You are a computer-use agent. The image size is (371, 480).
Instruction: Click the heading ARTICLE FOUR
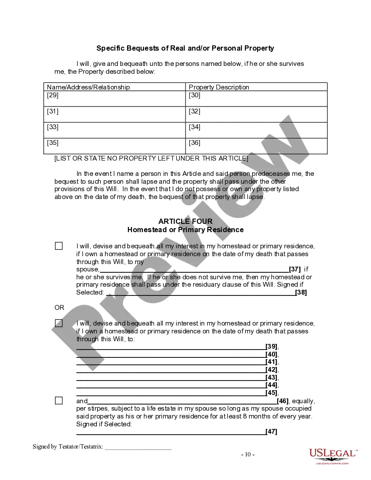point(185,222)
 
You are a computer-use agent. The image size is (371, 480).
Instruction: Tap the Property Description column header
point(219,87)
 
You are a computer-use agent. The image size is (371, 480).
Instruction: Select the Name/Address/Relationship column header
point(88,87)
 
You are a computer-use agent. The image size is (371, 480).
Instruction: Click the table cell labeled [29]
point(114,98)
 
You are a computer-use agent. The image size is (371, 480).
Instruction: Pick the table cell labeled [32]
point(256,114)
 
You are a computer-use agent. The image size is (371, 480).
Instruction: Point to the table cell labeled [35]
point(114,146)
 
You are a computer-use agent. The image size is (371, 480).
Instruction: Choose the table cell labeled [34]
point(256,130)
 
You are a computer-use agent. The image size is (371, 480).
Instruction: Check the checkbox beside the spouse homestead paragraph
point(58,246)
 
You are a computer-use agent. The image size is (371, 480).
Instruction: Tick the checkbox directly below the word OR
point(58,323)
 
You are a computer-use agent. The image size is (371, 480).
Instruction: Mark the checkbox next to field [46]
point(58,401)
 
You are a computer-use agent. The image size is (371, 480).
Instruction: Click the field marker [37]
point(295,269)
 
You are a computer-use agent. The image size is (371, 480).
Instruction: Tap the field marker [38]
point(301,292)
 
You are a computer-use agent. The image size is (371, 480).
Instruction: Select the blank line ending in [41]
point(171,362)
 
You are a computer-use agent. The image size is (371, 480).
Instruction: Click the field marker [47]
point(271,432)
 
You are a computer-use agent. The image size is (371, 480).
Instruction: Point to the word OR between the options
point(59,308)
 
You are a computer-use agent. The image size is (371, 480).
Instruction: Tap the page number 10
point(248,454)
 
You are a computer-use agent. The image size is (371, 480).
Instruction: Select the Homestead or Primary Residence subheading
point(185,230)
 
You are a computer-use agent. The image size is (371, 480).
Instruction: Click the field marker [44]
point(271,385)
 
